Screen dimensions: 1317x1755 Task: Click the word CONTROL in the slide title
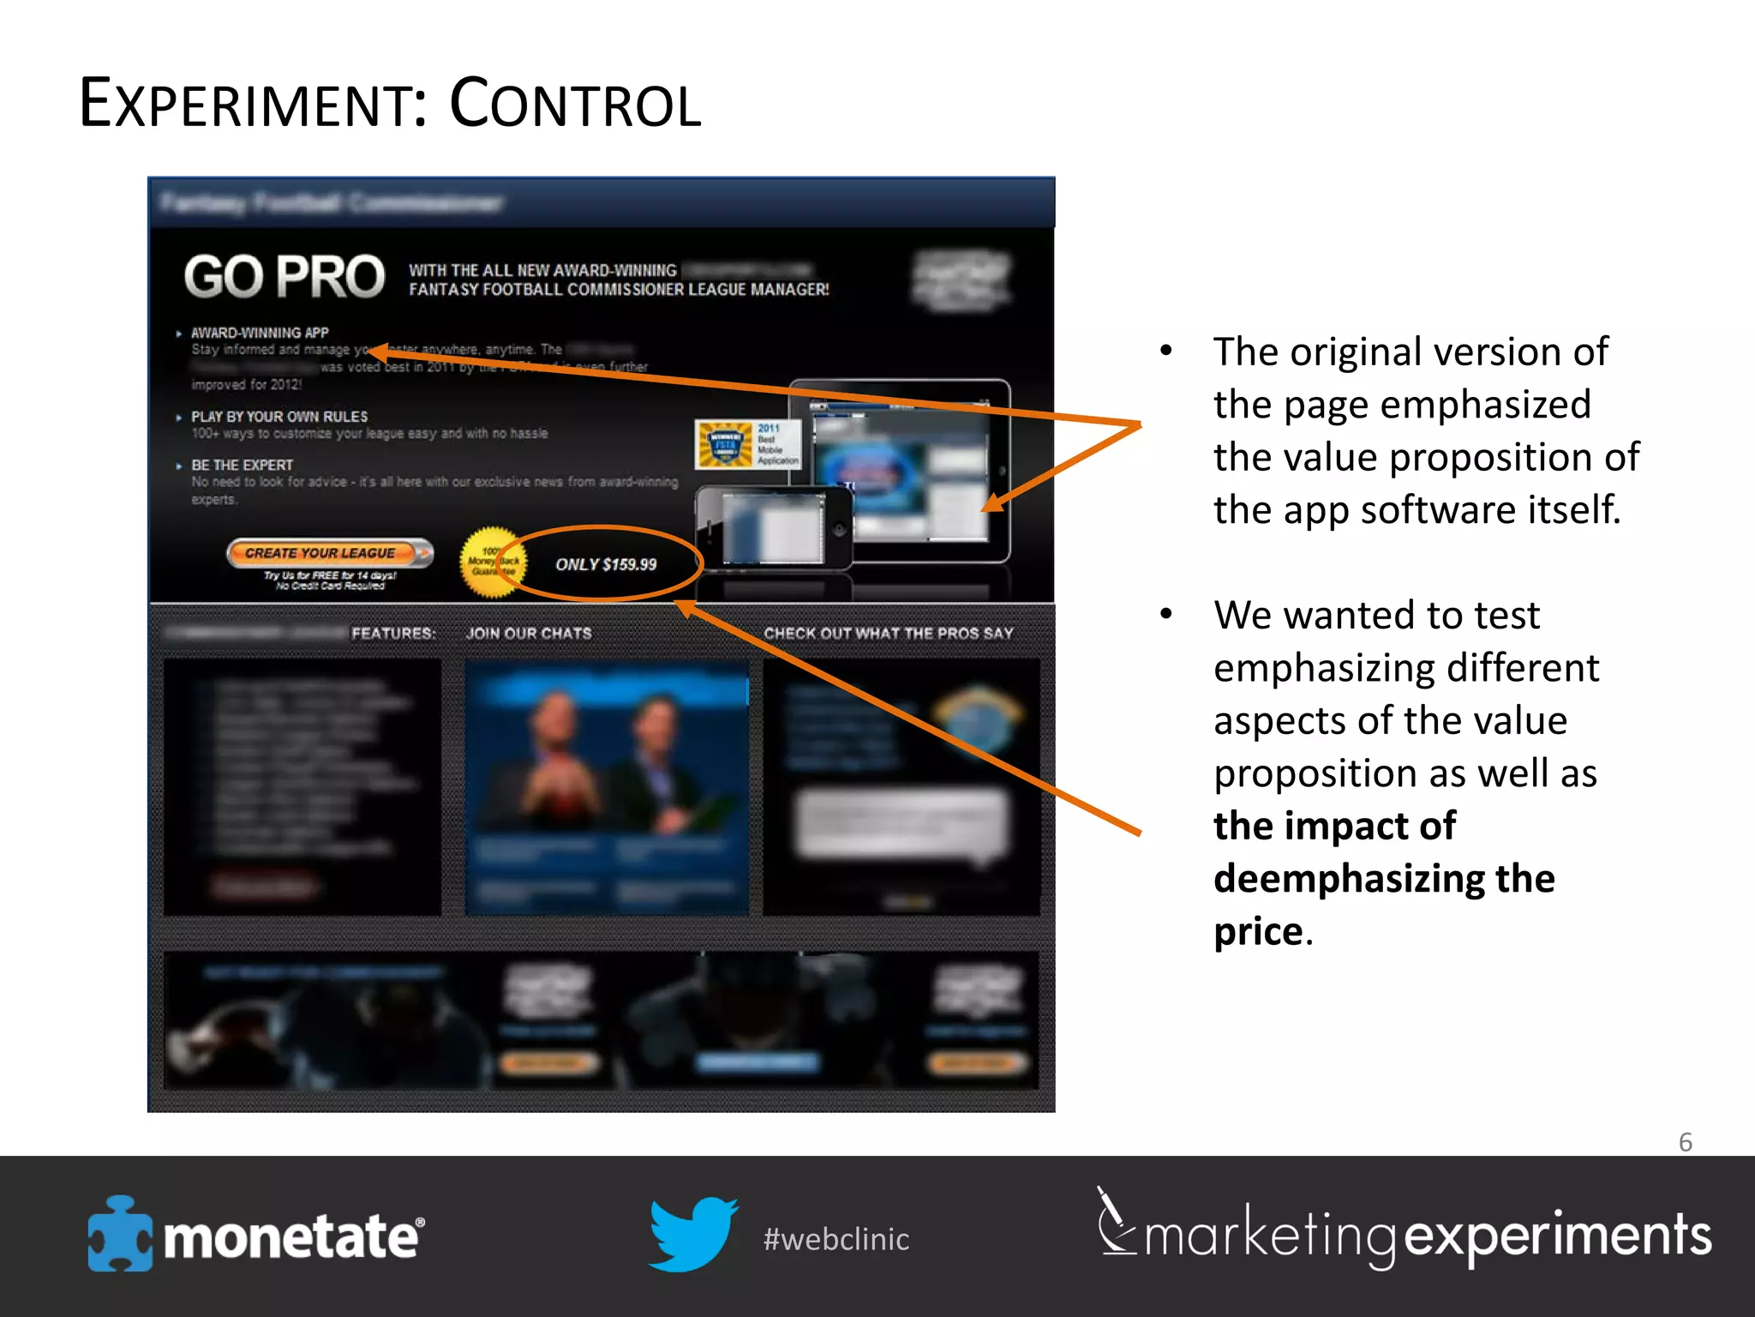(575, 104)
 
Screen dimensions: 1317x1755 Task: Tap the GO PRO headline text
(285, 277)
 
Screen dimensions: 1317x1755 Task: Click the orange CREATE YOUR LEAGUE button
(329, 553)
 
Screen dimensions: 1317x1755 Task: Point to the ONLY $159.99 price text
(606, 564)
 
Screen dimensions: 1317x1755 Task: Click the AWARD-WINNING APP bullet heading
(260, 333)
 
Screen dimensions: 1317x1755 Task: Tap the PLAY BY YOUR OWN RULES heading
(279, 417)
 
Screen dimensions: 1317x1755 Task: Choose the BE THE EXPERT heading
(242, 465)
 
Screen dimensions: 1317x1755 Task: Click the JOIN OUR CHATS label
(529, 634)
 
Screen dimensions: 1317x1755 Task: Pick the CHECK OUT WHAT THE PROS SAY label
(889, 634)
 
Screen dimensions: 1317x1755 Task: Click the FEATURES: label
(393, 634)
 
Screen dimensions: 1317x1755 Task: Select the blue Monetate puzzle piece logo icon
(120, 1235)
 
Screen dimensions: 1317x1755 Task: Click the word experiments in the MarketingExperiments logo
(1557, 1236)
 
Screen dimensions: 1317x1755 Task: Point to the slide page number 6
(1685, 1142)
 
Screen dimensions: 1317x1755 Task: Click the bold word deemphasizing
(1349, 879)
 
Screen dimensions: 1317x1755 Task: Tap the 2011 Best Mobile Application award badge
(747, 444)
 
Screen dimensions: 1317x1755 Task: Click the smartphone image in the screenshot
(773, 527)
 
